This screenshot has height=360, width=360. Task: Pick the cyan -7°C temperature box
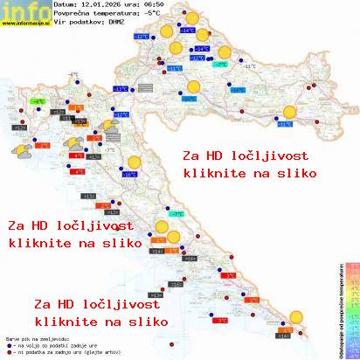(x=176, y=214)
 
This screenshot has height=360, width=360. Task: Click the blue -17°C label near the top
(x=141, y=38)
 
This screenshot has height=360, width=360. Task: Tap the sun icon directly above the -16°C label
(x=133, y=162)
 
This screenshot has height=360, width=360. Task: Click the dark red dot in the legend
(x=8, y=354)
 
